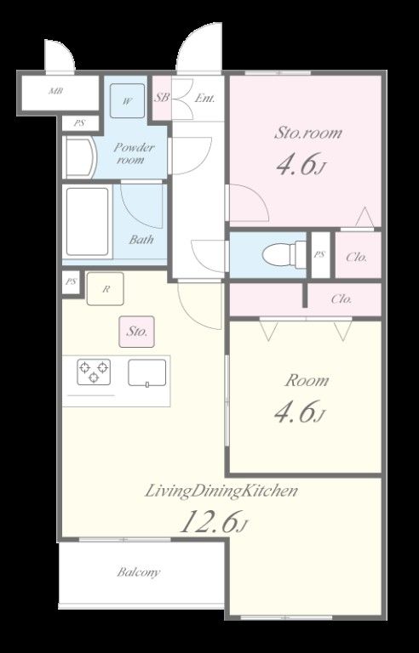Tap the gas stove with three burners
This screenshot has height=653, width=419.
coord(94,372)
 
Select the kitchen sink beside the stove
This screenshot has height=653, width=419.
coord(146,372)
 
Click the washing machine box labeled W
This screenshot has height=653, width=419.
coord(127,101)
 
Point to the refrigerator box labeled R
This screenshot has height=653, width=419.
coord(105,288)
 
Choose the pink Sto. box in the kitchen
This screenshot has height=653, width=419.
coord(136,332)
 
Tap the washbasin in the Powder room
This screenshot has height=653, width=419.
coord(80,158)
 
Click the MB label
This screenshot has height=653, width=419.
coord(56,90)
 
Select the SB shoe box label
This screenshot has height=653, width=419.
coord(162,98)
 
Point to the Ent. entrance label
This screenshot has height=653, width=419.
coord(205,99)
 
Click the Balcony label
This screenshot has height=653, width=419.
coord(138,572)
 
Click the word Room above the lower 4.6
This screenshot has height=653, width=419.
coord(307,381)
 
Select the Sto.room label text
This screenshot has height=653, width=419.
coord(308,133)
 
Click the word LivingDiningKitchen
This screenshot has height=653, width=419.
coord(221,491)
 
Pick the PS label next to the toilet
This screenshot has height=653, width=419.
coord(319,254)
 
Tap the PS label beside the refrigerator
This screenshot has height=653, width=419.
coord(72,281)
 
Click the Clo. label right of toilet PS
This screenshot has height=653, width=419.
coord(357,258)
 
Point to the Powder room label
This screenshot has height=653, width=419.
coord(129,153)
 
